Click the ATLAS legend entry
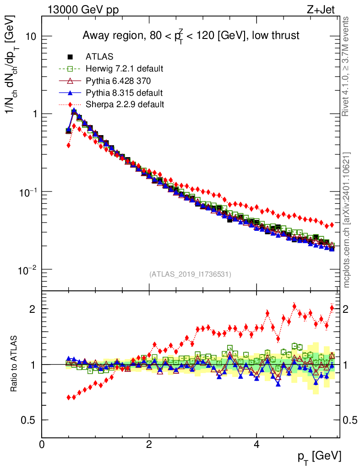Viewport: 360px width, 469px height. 99,57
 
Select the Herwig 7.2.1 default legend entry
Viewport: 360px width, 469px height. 125,69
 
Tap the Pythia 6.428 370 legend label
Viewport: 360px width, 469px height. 118,81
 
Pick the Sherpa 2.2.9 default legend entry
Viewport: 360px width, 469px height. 125,104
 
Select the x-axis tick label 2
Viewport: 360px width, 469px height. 149,444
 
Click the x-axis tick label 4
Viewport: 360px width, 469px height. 256,444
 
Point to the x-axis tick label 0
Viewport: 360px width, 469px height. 42,444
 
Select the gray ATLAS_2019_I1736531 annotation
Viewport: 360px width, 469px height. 190,274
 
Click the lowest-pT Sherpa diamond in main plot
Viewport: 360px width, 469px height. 69,145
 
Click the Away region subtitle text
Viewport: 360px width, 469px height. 191,35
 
